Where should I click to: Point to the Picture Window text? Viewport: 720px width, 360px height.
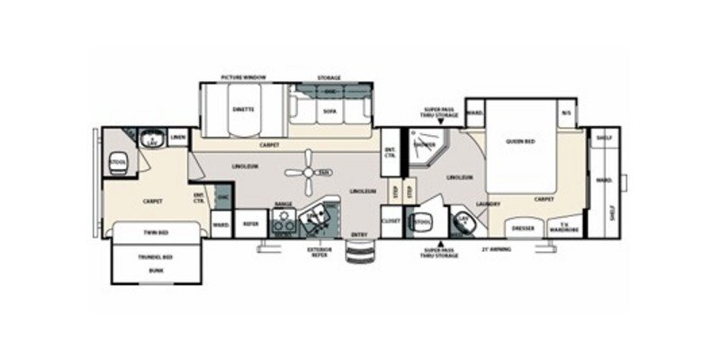(243, 79)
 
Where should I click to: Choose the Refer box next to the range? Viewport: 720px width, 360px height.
(249, 222)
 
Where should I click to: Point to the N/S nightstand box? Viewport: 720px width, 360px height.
(566, 112)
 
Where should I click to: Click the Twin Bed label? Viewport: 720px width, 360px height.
(157, 232)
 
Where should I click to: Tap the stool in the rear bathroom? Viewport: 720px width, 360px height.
(117, 162)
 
